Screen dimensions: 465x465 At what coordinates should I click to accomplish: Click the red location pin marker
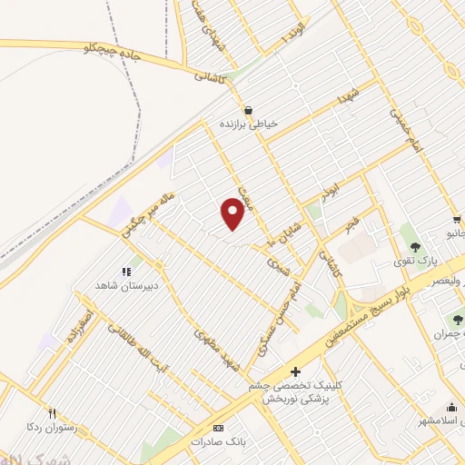click(x=233, y=214)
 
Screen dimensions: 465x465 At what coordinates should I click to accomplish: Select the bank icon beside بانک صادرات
click(x=217, y=427)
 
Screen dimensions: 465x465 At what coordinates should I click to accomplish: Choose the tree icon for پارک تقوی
click(x=415, y=246)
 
